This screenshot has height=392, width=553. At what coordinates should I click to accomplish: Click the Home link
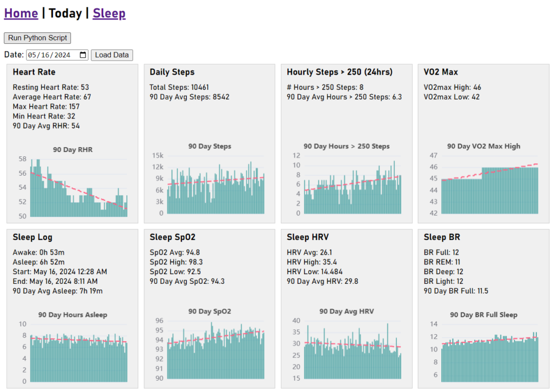[x=21, y=13]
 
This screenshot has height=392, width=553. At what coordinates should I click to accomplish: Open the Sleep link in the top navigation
[x=109, y=13]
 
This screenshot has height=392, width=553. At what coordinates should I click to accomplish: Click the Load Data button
[x=112, y=55]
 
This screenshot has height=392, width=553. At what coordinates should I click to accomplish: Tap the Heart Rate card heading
[x=34, y=72]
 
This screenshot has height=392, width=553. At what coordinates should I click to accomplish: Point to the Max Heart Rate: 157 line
[x=46, y=107]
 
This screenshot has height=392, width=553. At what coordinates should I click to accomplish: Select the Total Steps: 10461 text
[x=179, y=87]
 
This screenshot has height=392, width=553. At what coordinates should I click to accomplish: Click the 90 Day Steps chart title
[x=210, y=147]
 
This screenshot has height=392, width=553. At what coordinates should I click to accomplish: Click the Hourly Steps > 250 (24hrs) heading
[x=340, y=72]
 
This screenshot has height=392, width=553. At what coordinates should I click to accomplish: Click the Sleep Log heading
[x=32, y=237]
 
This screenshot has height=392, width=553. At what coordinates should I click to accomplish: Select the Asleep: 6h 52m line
[x=39, y=262]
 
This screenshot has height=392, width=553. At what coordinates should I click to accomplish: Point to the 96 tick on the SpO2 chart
[x=159, y=321]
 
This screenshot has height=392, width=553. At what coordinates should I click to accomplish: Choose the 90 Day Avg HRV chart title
[x=346, y=311]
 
